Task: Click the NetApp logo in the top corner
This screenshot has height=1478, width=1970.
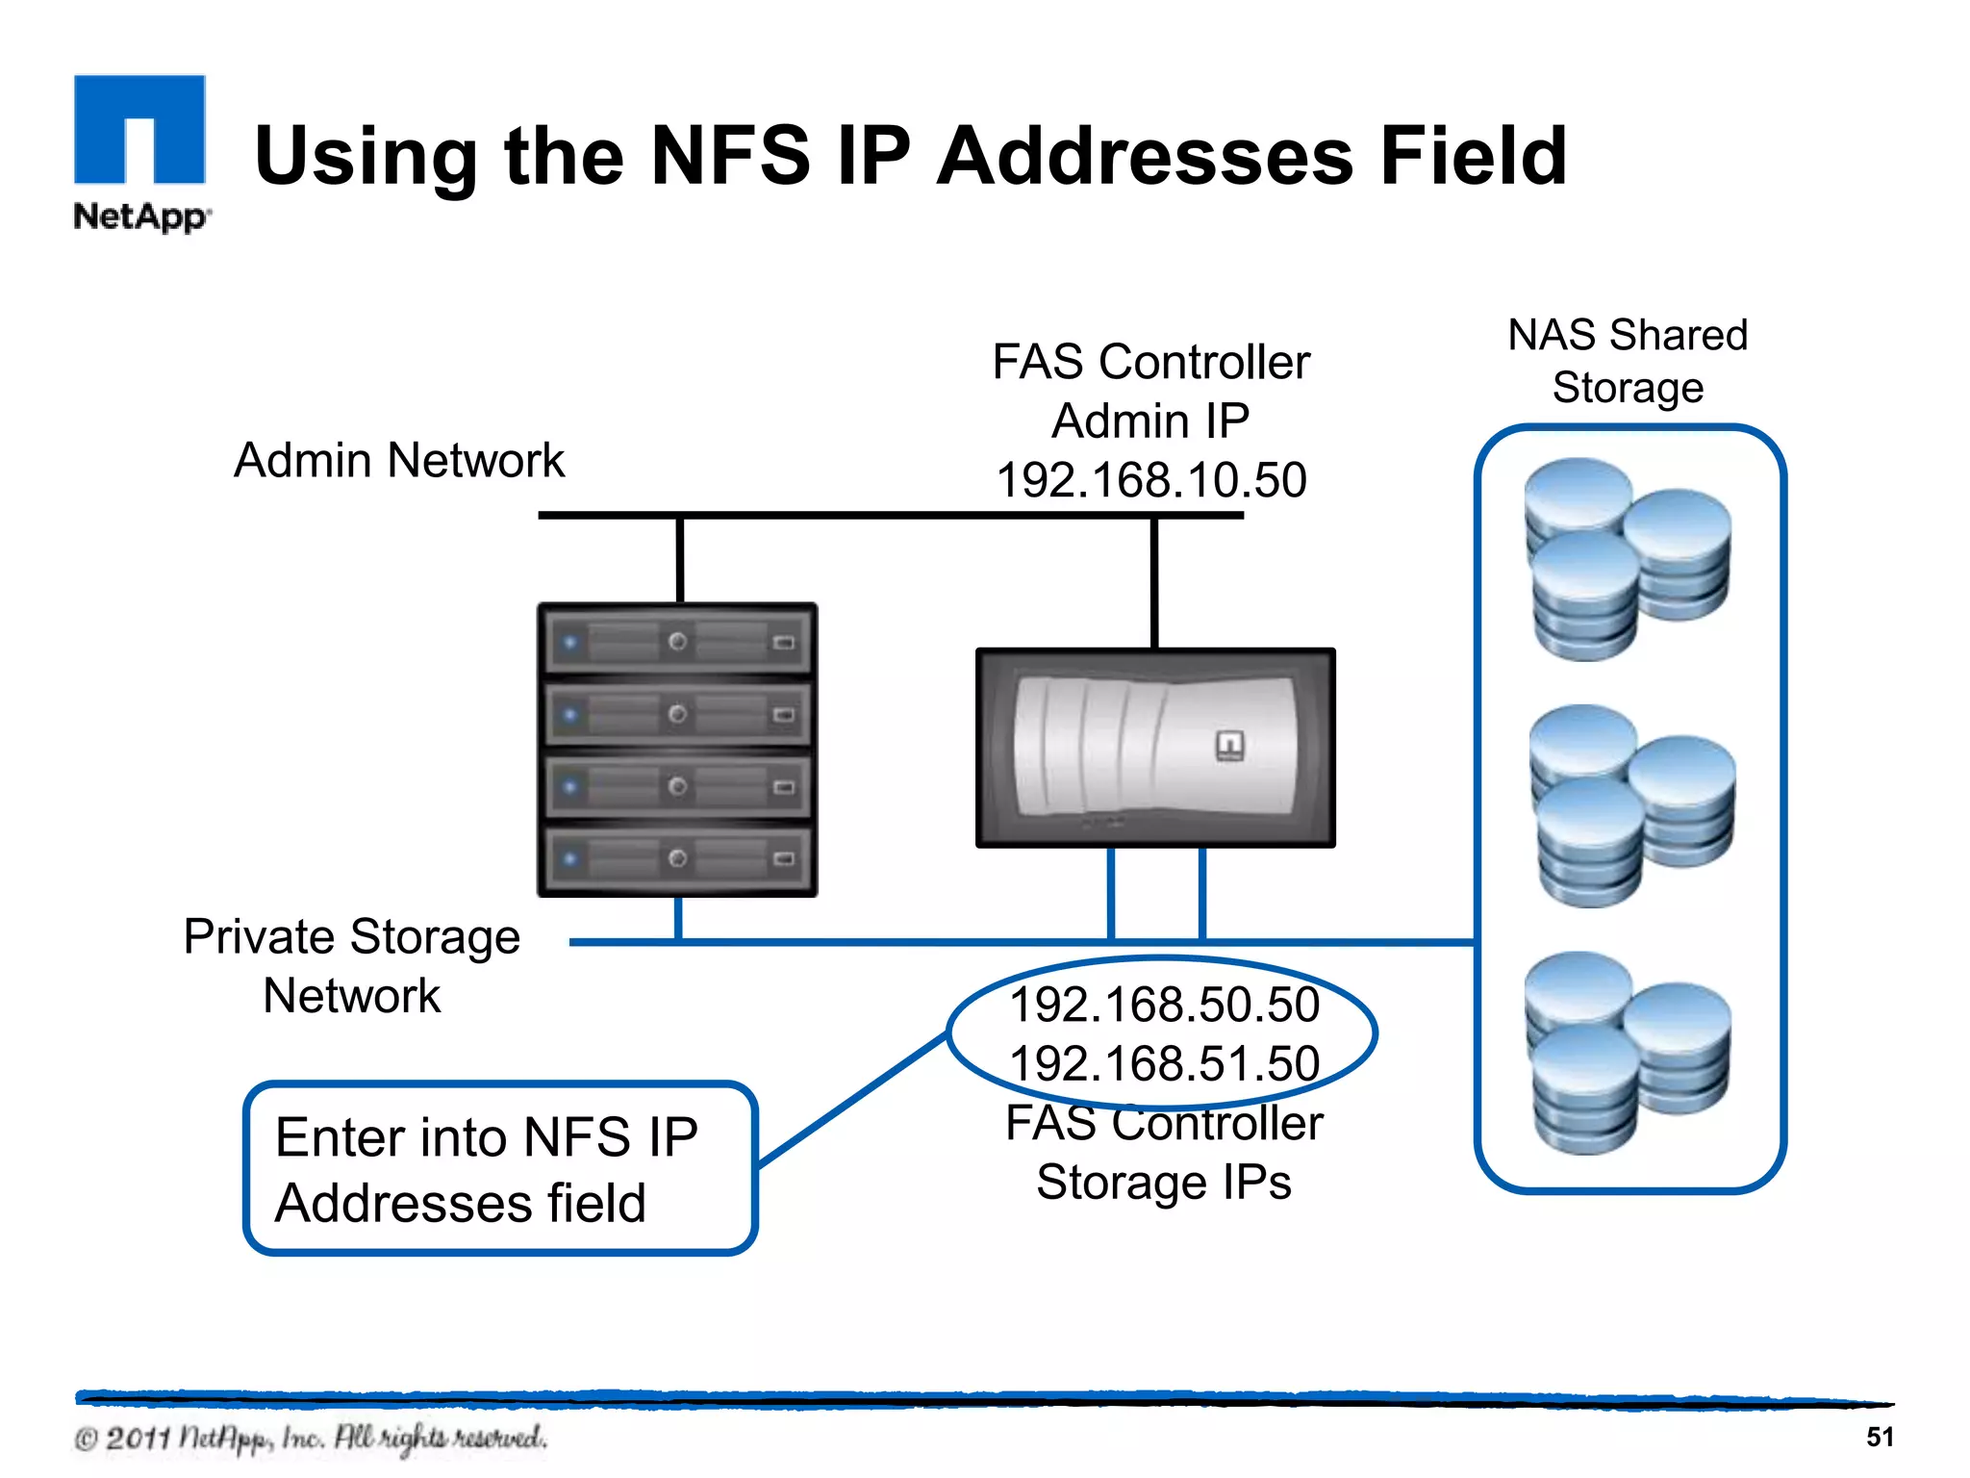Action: click(140, 152)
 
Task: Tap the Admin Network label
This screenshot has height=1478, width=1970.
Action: click(399, 460)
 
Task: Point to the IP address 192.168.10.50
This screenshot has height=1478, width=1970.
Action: click(1151, 480)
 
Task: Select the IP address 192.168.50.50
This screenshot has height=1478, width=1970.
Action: click(1164, 1005)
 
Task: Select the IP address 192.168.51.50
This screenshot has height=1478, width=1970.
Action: click(1164, 1064)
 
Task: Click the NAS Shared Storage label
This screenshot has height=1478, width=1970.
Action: click(1628, 361)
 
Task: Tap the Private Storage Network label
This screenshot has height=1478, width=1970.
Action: click(352, 965)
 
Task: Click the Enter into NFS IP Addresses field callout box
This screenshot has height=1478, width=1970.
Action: click(500, 1169)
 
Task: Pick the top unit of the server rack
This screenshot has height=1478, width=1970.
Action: click(677, 641)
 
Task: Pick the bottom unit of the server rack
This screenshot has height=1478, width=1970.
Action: click(677, 858)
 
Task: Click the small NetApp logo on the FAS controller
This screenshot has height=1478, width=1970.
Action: click(1230, 746)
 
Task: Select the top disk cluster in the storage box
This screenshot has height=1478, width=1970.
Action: click(1628, 559)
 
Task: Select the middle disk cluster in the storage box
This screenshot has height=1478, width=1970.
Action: click(1631, 806)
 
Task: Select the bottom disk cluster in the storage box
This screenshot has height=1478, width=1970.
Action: click(1628, 1053)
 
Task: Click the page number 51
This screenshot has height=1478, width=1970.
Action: click(1880, 1437)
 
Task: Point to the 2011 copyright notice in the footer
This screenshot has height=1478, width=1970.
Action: click(310, 1439)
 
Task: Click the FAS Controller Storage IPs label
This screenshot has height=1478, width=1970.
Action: click(1164, 1153)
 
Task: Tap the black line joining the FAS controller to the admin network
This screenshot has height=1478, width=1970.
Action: click(1154, 583)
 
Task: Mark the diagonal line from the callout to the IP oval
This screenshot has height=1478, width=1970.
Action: click(852, 1101)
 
